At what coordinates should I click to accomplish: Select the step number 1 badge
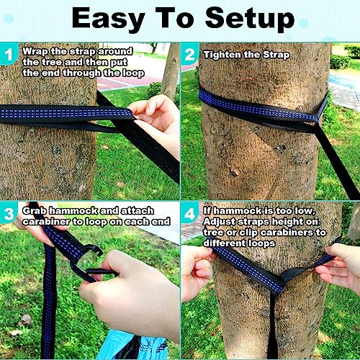[9, 53]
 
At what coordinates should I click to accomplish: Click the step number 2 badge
[190, 53]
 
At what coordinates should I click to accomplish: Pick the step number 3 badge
[9, 212]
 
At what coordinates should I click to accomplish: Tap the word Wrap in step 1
[35, 51]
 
